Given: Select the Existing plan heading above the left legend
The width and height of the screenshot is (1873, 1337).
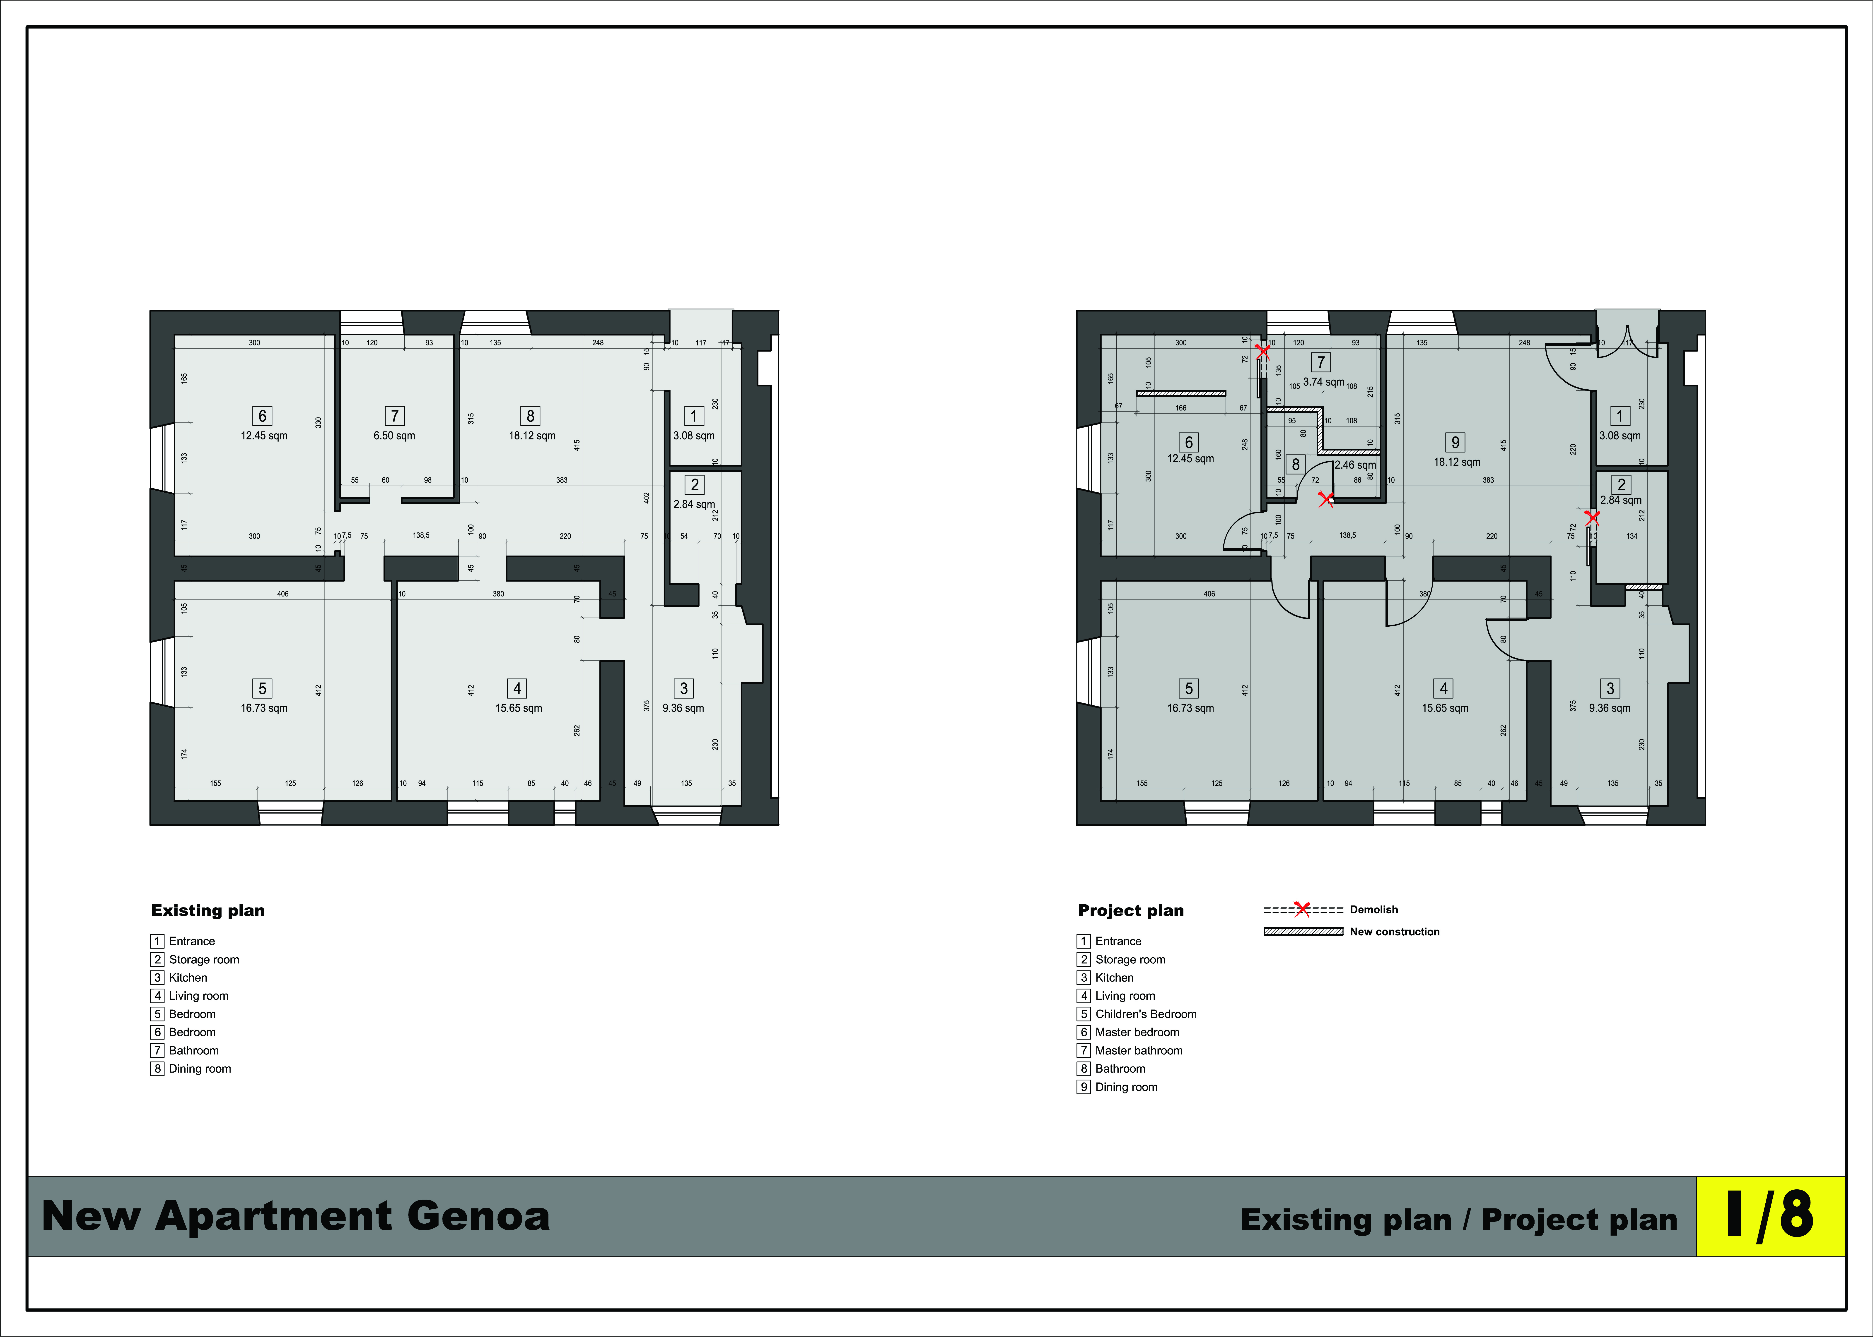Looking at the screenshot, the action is [208, 911].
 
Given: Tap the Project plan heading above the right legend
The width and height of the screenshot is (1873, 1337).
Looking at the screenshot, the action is [1131, 911].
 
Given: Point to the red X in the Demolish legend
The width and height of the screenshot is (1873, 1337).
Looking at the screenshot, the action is [1302, 909].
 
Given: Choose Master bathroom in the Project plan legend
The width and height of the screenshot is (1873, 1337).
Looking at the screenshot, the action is [1139, 1050].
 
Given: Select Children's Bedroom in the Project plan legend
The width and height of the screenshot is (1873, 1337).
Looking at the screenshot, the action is [1146, 1014].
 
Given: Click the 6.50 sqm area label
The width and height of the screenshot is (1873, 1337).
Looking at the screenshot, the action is [395, 436].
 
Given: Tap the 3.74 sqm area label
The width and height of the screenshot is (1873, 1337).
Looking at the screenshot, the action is [1324, 382].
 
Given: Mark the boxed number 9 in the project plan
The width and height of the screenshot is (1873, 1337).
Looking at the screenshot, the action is [1455, 442].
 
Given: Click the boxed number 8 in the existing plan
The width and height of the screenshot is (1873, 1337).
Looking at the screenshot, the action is [531, 416].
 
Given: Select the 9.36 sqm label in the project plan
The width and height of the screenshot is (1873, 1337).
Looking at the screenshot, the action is [1610, 708].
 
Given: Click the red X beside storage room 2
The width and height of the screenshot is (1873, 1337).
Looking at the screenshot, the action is [1592, 518].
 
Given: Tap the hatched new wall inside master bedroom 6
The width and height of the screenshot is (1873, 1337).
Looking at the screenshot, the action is [1181, 393].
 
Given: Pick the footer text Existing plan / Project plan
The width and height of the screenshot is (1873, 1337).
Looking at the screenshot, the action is [1459, 1219].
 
